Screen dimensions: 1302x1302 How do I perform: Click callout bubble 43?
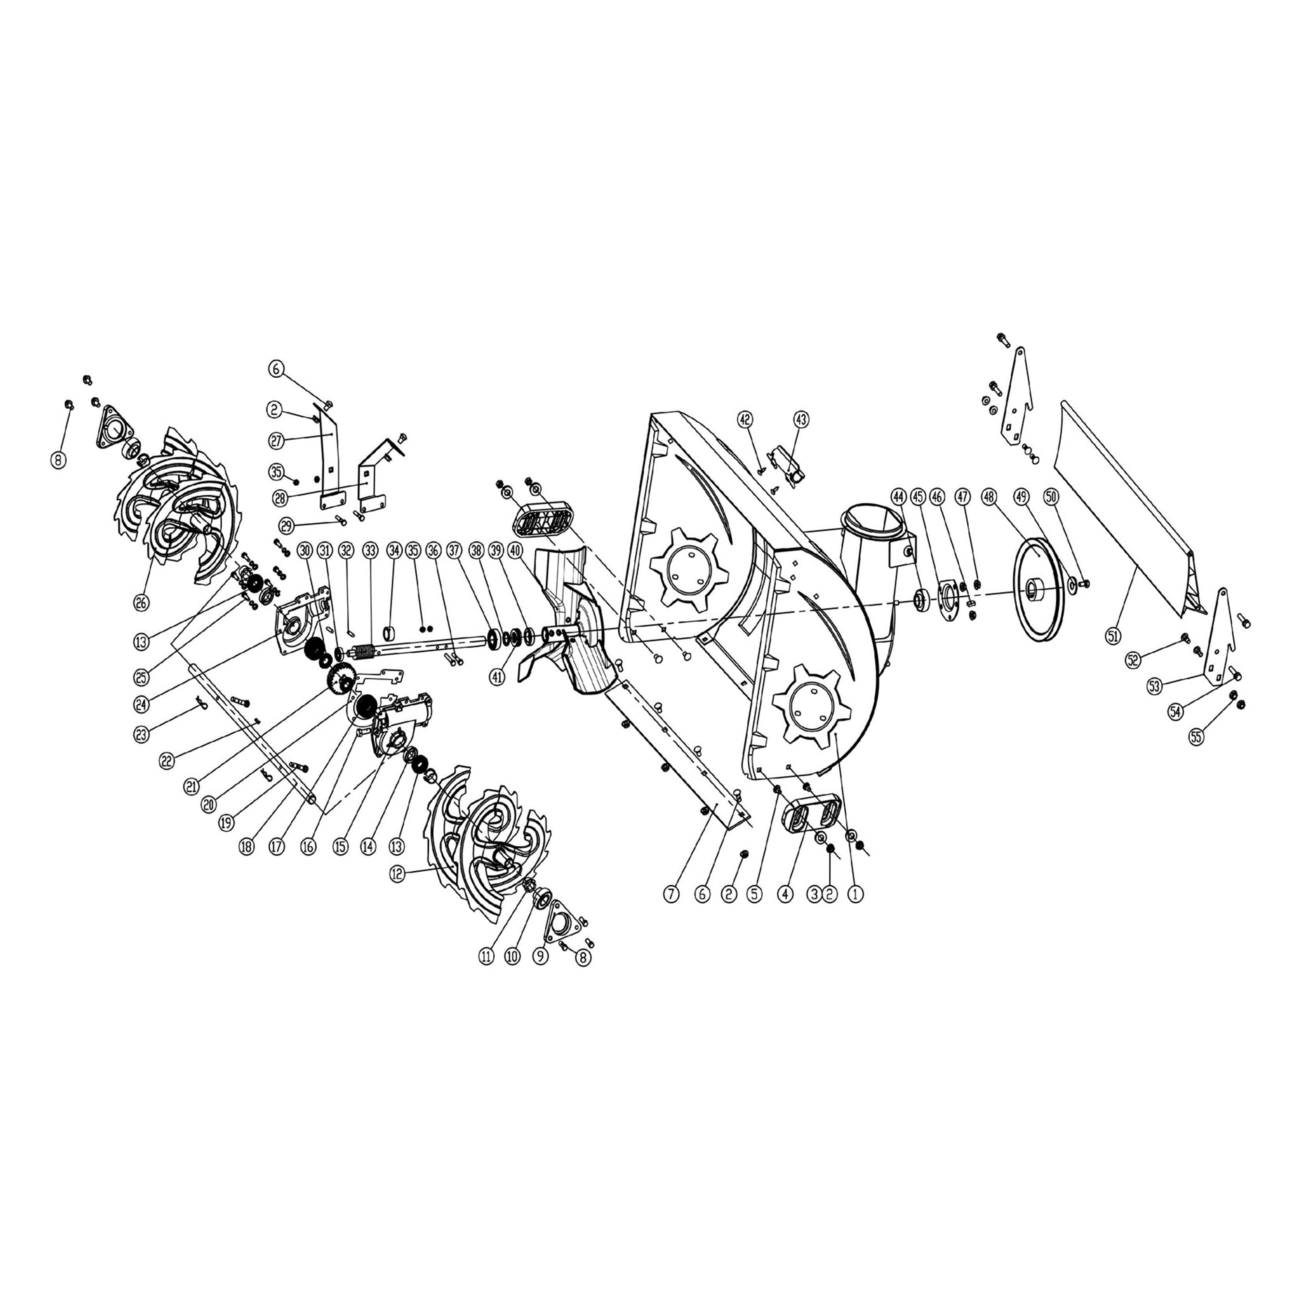point(801,419)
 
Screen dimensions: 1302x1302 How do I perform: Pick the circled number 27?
point(276,441)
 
